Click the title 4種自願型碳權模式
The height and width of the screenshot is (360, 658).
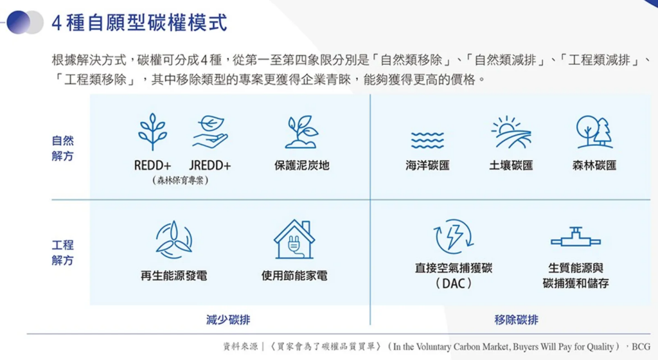coord(139,22)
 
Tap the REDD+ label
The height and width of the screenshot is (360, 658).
coord(152,166)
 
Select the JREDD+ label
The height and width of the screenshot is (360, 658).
coord(210,166)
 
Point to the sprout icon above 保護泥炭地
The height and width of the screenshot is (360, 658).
coord(301,132)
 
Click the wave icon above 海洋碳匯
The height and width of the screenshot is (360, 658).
coord(427,140)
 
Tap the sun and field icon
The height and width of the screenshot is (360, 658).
coord(511,132)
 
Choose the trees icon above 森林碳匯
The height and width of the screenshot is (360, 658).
coord(594,132)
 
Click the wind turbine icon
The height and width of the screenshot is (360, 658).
coord(173,240)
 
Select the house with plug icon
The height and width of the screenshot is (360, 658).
coord(294,240)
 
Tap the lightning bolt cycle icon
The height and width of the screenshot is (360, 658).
coord(453,237)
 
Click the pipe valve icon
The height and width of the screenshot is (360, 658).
coord(576,237)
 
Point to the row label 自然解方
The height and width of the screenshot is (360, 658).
coord(62,148)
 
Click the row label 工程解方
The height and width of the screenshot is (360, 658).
coord(62,253)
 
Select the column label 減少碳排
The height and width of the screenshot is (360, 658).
coord(228,320)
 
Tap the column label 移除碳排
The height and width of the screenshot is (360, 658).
coord(516,320)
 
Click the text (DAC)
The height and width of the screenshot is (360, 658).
coord(453,283)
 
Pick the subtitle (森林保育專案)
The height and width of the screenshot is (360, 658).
coord(181,181)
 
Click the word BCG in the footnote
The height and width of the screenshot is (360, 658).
coord(641,347)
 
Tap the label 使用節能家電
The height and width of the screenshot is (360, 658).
coord(294,276)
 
